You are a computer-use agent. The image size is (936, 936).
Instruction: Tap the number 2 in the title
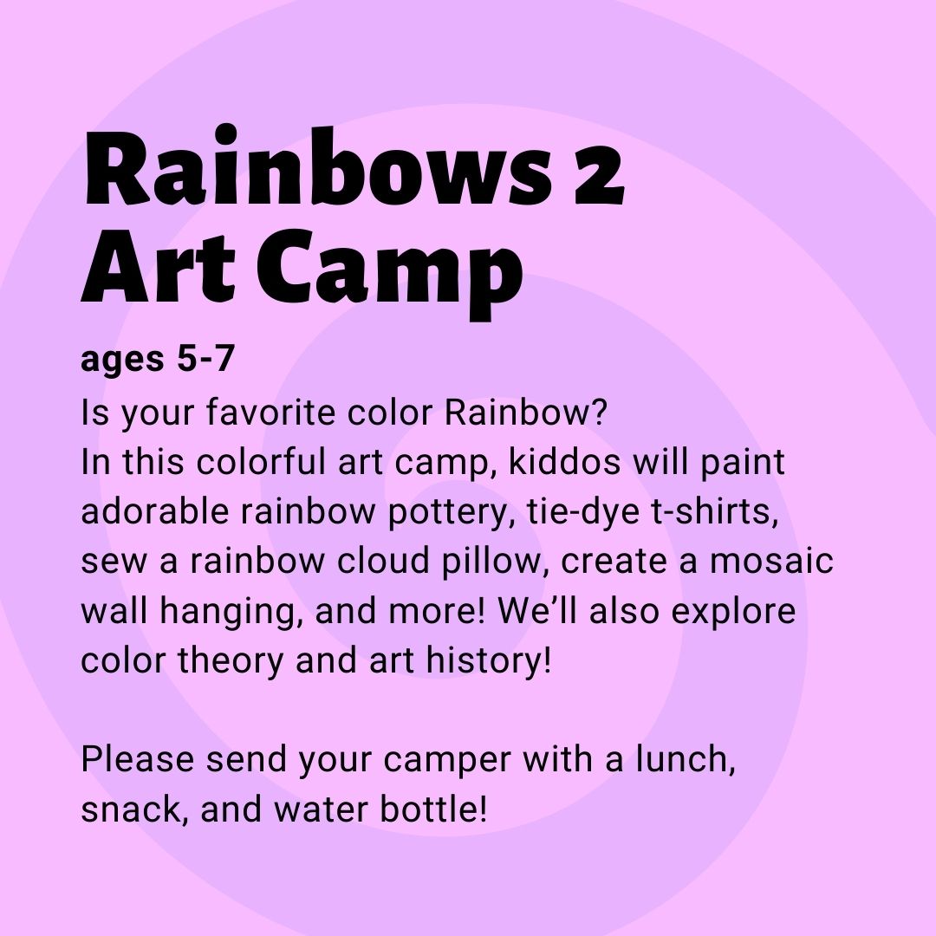599,175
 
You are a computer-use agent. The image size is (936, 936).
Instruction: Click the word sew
114,562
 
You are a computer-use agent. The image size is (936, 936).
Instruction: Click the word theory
231,661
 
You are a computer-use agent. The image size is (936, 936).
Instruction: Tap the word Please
137,759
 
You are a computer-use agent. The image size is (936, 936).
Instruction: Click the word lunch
685,759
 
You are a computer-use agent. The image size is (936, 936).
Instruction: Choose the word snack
130,809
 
